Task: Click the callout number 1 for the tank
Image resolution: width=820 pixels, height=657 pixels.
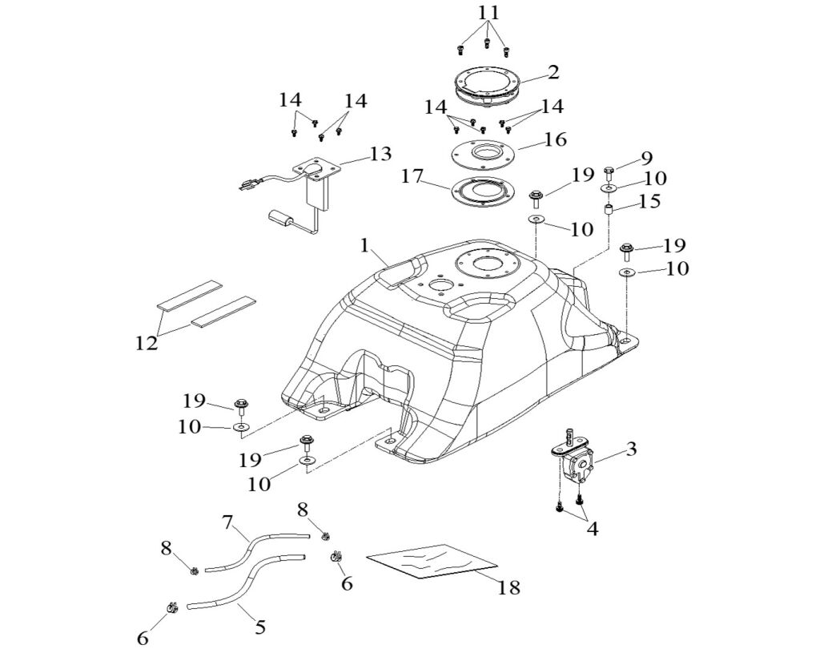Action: coord(365,246)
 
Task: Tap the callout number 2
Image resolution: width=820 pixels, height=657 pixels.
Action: coord(553,73)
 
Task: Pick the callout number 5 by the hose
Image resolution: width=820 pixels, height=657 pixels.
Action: coord(259,627)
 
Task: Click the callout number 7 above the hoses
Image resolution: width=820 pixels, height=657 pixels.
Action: coord(227,524)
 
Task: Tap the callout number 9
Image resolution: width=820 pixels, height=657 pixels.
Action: coord(646,158)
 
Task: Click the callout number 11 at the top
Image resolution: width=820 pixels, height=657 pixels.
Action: coord(488,13)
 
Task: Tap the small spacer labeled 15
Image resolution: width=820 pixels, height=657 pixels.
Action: coord(608,210)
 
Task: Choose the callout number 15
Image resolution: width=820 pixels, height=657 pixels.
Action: coord(649,200)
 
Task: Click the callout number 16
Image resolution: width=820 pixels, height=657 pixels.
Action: coord(555,140)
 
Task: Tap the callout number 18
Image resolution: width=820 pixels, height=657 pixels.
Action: coord(508,587)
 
